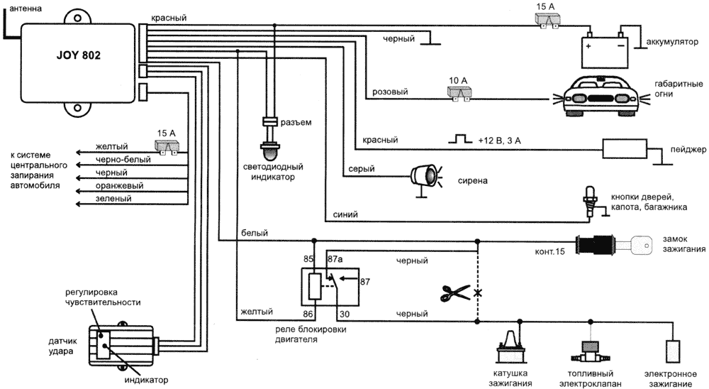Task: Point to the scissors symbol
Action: click(x=454, y=291)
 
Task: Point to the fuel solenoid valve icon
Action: click(x=589, y=349)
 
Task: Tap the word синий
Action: click(x=345, y=214)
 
